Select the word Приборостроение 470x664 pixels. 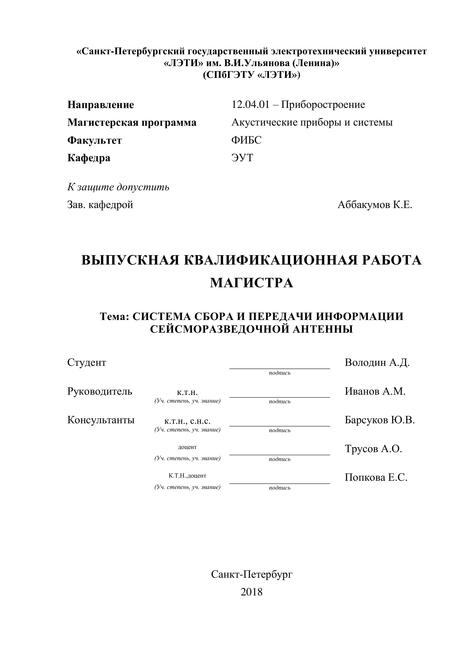pyautogui.click(x=323, y=105)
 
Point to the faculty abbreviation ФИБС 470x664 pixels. pyautogui.click(x=246, y=140)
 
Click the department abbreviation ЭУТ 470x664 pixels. pyautogui.click(x=242, y=158)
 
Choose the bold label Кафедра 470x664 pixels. pyautogui.click(x=89, y=158)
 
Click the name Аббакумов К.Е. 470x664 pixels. pyautogui.click(x=375, y=205)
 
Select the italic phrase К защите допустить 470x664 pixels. pyautogui.click(x=118, y=187)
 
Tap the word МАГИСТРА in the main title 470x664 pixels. pyautogui.click(x=252, y=283)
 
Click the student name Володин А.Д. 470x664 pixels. pyautogui.click(x=377, y=362)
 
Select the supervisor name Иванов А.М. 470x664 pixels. pyautogui.click(x=375, y=391)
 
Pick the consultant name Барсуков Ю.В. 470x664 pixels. pyautogui.click(x=380, y=420)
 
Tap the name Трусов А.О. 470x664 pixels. pyautogui.click(x=373, y=449)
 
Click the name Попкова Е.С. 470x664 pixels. pyautogui.click(x=376, y=478)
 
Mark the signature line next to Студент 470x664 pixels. pyautogui.click(x=280, y=368)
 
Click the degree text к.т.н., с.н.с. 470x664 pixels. pyautogui.click(x=187, y=421)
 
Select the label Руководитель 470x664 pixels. pyautogui.click(x=100, y=391)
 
